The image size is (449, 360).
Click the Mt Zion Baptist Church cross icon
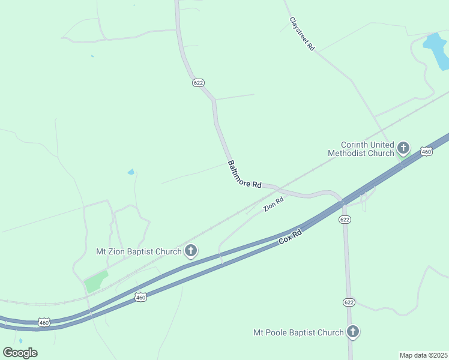(x=191, y=251)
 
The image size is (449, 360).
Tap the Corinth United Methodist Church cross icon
(x=403, y=148)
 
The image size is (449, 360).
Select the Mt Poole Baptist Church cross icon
(x=353, y=331)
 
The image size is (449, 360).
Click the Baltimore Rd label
(x=244, y=175)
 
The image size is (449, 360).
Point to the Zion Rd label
(x=273, y=205)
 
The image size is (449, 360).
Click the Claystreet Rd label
(x=302, y=33)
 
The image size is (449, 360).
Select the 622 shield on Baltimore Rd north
(x=198, y=82)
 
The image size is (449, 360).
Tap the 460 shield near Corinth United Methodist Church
(x=426, y=152)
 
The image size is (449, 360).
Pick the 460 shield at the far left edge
(x=44, y=322)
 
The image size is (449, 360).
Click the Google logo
(x=20, y=353)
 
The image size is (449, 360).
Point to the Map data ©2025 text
(x=423, y=355)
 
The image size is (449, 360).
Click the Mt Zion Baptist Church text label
(x=138, y=251)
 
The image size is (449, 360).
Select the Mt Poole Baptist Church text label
(x=298, y=332)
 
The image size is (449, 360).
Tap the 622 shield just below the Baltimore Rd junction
(x=345, y=220)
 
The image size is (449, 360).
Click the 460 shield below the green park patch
(x=140, y=297)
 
